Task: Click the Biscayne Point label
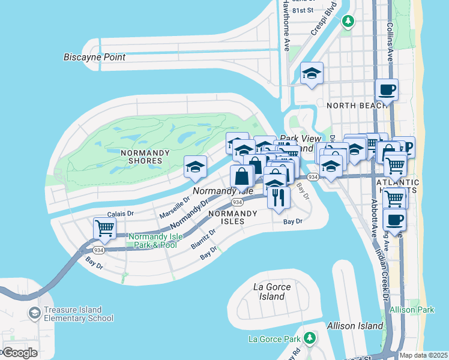[x=95, y=57]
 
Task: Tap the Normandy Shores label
[x=142, y=157]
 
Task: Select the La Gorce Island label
[x=272, y=292]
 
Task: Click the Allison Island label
[x=355, y=326]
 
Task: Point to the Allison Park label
[x=412, y=310]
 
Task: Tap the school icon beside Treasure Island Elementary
[x=34, y=313]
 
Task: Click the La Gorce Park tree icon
[x=309, y=337]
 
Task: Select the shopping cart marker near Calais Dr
[x=104, y=229]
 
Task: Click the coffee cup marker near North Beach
[x=387, y=90]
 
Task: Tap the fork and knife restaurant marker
[x=277, y=197]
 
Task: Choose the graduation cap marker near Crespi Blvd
[x=312, y=74]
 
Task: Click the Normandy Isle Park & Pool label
[x=155, y=241]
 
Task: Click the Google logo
[x=19, y=353]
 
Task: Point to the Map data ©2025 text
[x=423, y=355]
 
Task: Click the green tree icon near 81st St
[x=348, y=22]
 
